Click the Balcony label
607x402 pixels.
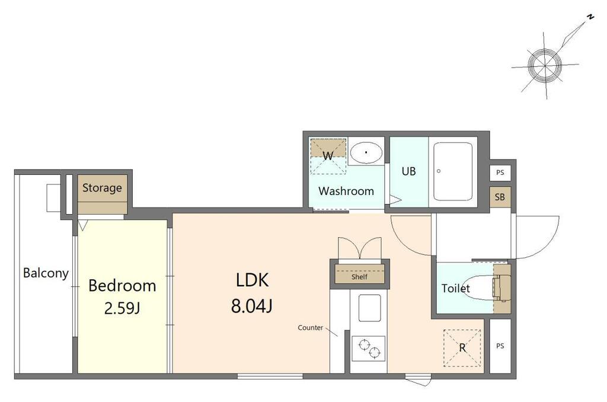[x=46, y=273]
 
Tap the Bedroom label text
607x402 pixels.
[x=122, y=286]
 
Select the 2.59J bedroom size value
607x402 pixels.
[x=122, y=309]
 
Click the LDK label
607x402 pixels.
[x=252, y=280]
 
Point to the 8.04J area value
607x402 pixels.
[x=252, y=305]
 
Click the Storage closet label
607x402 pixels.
[x=102, y=188]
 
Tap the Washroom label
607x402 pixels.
[x=346, y=191]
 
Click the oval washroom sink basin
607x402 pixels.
[x=366, y=152]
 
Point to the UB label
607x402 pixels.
[x=409, y=171]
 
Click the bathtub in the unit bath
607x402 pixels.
[x=453, y=171]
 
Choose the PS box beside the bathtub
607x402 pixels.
[x=500, y=173]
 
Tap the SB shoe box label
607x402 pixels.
[x=500, y=197]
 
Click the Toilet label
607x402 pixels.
[x=456, y=289]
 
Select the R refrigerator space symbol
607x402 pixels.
[x=462, y=348]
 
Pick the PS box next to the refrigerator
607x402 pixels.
[x=500, y=346]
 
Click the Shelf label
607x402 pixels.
[x=359, y=277]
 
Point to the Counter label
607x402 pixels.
[x=311, y=328]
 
